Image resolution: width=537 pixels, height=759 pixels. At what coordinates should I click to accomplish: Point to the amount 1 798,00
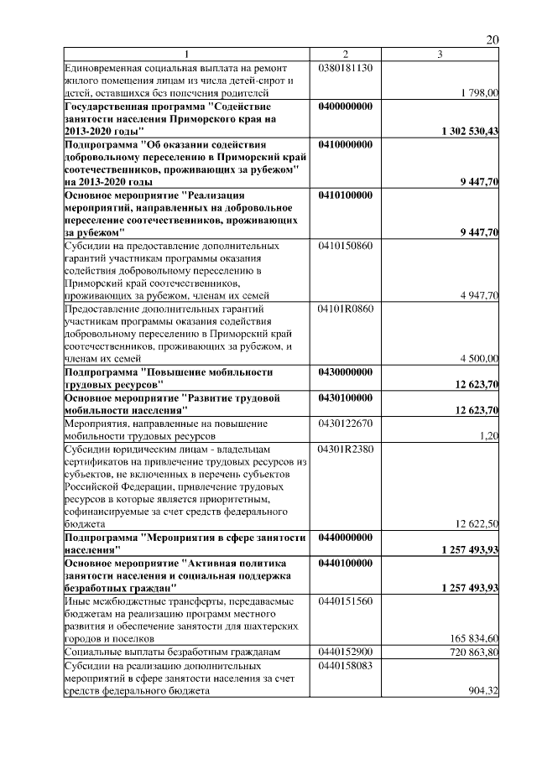[480, 93]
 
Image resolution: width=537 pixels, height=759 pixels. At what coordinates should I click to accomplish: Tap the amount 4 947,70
[480, 295]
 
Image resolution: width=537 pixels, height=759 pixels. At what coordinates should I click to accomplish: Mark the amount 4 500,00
[480, 358]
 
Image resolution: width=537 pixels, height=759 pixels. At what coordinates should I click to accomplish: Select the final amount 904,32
[483, 690]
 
